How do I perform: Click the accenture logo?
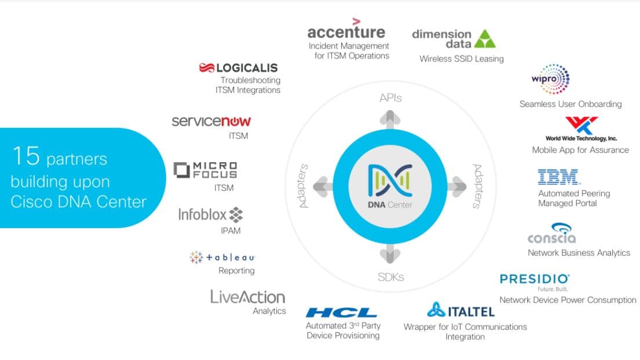coord(346,28)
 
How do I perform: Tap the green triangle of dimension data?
coord(485,39)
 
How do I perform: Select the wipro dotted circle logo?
coord(551,79)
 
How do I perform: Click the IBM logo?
coord(558,177)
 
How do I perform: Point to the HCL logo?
coord(341,313)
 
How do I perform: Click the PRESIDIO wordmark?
coord(534,280)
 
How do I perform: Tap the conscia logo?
coord(551,234)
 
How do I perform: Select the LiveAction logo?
coord(248,297)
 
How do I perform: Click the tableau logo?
coord(222,257)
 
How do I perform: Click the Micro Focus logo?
coord(205,170)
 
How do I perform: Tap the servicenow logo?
coord(211,121)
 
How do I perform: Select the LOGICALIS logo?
coord(239,68)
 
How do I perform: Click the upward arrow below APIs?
coord(390,119)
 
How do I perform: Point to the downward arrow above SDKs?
coord(390,254)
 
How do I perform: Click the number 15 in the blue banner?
coord(26,156)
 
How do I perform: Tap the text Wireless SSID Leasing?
coord(462,58)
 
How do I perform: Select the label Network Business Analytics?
coord(579,253)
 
